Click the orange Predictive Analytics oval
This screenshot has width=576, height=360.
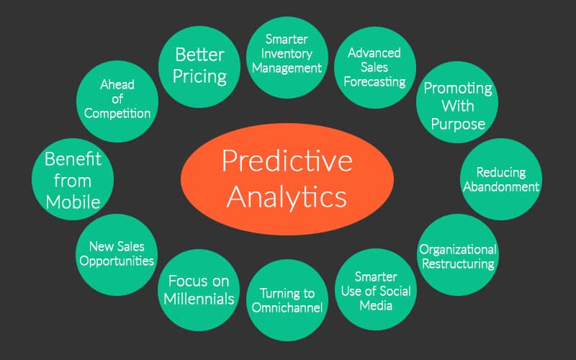pyautogui.click(x=287, y=179)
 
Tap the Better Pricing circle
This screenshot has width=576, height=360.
pyautogui.click(x=199, y=67)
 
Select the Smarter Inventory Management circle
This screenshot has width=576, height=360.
pyautogui.click(x=287, y=58)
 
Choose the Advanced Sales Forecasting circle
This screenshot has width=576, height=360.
pyautogui.click(x=375, y=68)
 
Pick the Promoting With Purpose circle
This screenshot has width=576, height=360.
pyautogui.click(x=457, y=102)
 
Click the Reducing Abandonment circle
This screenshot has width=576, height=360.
pyautogui.click(x=501, y=179)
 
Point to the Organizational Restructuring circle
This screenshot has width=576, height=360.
pyautogui.click(x=458, y=255)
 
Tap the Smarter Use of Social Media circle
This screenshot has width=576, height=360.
pyautogui.click(x=376, y=289)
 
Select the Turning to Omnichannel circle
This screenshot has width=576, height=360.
pyautogui.click(x=287, y=300)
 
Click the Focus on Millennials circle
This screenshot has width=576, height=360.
pyautogui.click(x=199, y=290)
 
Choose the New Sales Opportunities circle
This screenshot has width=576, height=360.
pyautogui.click(x=117, y=255)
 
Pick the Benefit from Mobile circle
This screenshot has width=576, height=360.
pyautogui.click(x=73, y=179)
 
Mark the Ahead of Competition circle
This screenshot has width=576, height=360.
pyautogui.click(x=117, y=102)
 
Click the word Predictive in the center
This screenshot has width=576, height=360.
pyautogui.click(x=287, y=161)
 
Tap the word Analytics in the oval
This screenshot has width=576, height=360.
pyautogui.click(x=287, y=197)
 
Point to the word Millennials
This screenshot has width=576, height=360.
pyautogui.click(x=199, y=299)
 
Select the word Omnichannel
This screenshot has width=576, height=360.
pyautogui.click(x=287, y=307)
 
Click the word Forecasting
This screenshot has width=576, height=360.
pyautogui.click(x=374, y=82)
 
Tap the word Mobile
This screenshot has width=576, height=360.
pyautogui.click(x=73, y=202)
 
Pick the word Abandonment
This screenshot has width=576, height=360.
pyautogui.click(x=501, y=186)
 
